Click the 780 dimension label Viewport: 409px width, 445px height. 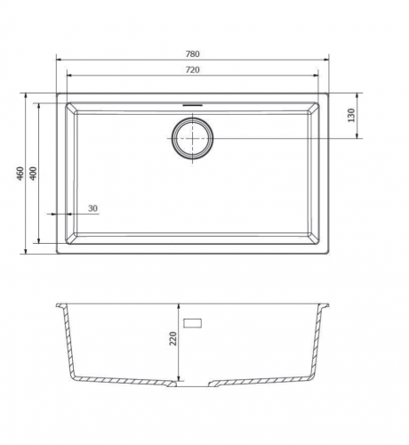click(193, 54)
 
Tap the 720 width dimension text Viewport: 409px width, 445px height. click(193, 70)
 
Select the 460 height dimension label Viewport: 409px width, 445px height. click(20, 174)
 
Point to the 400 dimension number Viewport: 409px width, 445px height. click(33, 174)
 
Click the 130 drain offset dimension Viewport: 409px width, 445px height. click(351, 116)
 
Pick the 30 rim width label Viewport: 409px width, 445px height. click(92, 208)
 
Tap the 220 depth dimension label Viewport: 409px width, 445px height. click(172, 338)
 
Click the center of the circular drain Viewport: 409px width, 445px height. click(193, 139)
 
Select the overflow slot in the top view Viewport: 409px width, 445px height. click(193, 105)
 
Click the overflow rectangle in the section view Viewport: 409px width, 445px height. click(193, 323)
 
